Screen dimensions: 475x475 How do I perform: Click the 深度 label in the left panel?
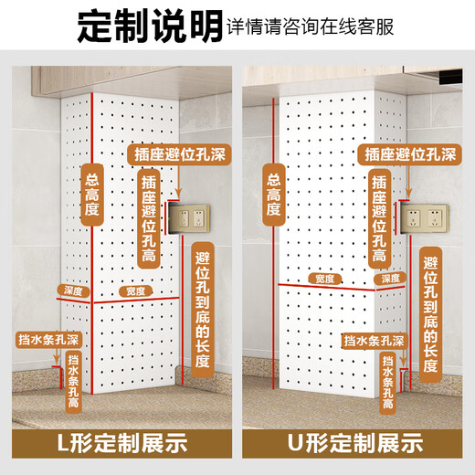74,291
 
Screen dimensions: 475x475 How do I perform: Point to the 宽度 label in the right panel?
323,278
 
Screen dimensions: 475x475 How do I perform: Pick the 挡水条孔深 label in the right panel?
374,341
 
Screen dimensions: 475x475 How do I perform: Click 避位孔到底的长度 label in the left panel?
203,308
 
